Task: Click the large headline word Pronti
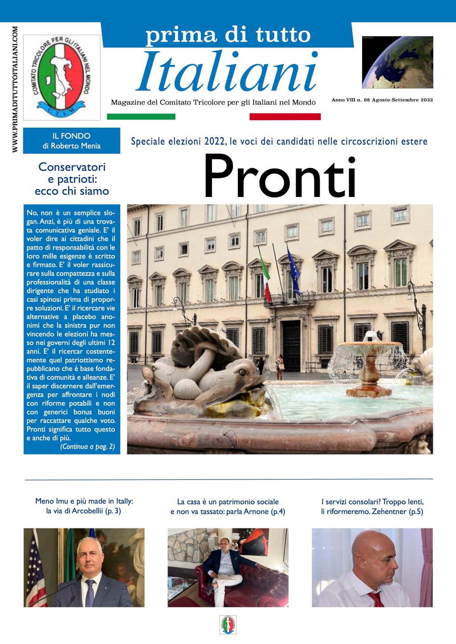(x=280, y=176)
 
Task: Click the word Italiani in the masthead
(x=227, y=72)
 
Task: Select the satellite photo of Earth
(x=397, y=62)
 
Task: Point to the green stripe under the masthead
(x=141, y=117)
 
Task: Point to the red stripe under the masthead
(x=285, y=117)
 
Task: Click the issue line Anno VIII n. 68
(x=382, y=100)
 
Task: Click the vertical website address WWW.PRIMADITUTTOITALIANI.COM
(x=15, y=89)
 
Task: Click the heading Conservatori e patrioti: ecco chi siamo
(x=72, y=179)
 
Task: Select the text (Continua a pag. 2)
(x=87, y=447)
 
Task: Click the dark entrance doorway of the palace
(x=292, y=345)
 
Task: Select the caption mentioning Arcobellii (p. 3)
(x=84, y=506)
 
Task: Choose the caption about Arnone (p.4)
(x=228, y=507)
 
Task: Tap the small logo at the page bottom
(x=228, y=624)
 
